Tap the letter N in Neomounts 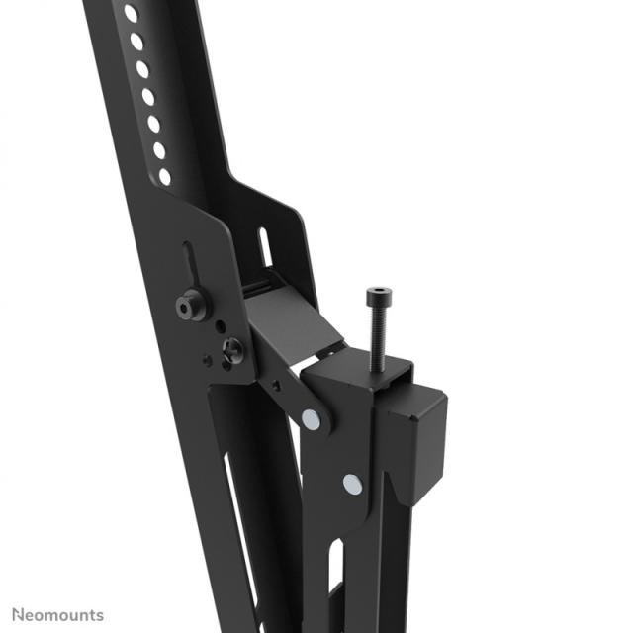point(15,615)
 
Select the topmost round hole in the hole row point(131,14)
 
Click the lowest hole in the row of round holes point(164,176)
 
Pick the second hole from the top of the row point(136,43)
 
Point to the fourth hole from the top point(148,97)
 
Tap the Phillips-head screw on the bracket point(233,348)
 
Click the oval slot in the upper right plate point(265,247)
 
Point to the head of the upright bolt point(377,294)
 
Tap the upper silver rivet point(312,419)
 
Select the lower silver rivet point(351,484)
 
